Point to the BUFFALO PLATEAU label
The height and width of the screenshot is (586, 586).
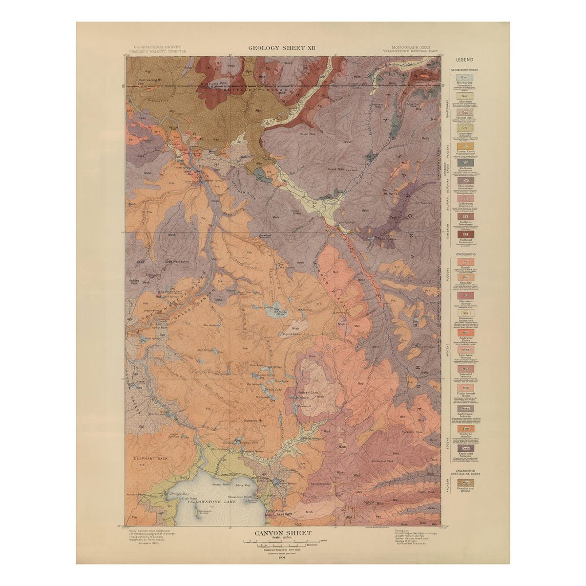pos(238,90)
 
